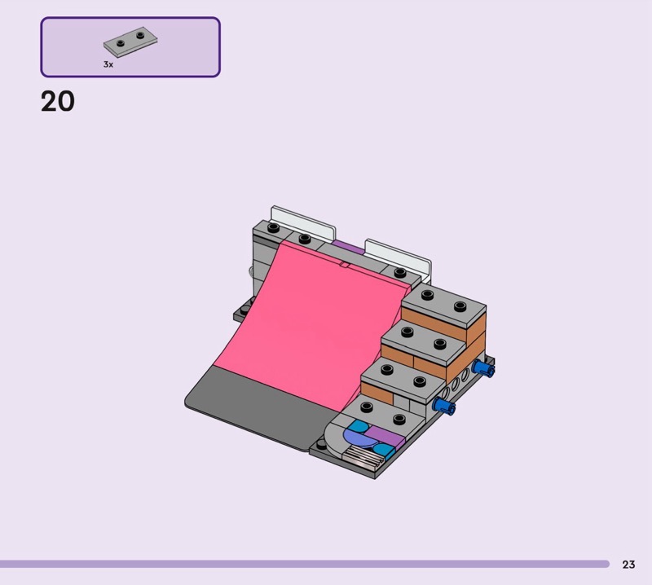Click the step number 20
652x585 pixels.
(58, 102)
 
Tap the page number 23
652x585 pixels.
(628, 564)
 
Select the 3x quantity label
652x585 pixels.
(108, 64)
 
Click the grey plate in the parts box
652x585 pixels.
(130, 42)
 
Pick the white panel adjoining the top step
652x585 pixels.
(399, 257)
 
